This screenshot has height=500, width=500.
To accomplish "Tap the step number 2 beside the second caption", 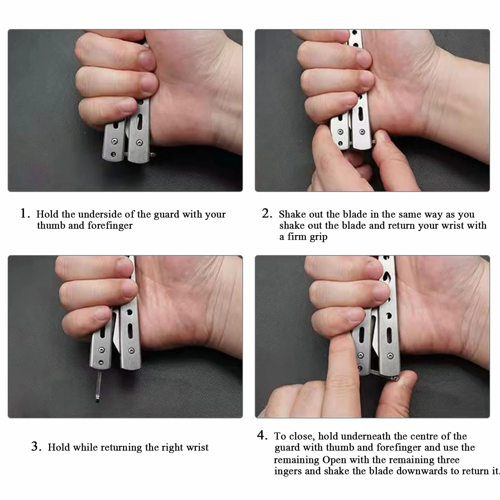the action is (x=267, y=213).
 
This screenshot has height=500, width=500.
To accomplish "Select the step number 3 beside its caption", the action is (x=36, y=446).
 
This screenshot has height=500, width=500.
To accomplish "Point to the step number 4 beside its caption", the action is (x=262, y=435).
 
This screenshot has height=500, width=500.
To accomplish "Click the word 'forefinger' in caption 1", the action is (x=110, y=225).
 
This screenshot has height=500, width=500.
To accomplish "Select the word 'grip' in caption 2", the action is (x=318, y=237).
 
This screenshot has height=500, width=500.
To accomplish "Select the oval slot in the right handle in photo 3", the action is (x=130, y=331).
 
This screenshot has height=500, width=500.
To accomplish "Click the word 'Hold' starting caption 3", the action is (x=59, y=447).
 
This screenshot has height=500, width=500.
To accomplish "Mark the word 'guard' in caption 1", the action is (x=166, y=215).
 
